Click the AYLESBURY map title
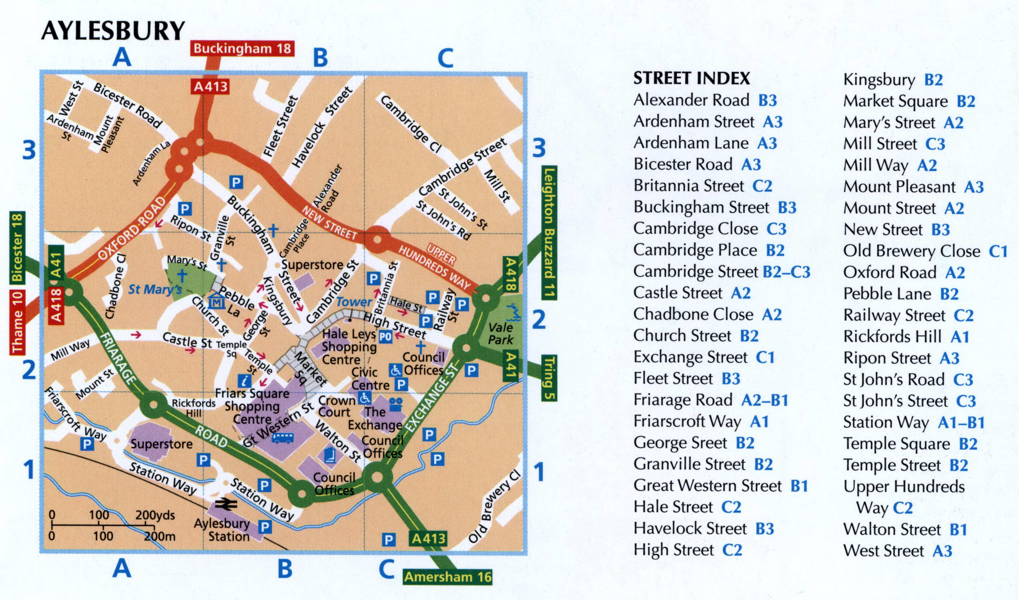click(113, 31)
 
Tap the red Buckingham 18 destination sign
click(242, 49)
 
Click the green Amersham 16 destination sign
click(448, 577)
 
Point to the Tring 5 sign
click(549, 377)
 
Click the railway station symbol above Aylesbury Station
click(226, 505)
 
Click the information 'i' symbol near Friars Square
click(245, 381)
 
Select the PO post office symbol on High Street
click(386, 337)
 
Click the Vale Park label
click(501, 333)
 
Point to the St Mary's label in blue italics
click(155, 290)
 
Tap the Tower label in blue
click(354, 302)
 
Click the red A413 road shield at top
click(210, 86)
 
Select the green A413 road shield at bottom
click(428, 539)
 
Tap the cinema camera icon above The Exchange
click(396, 404)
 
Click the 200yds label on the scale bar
click(155, 515)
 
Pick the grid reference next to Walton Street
click(958, 529)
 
